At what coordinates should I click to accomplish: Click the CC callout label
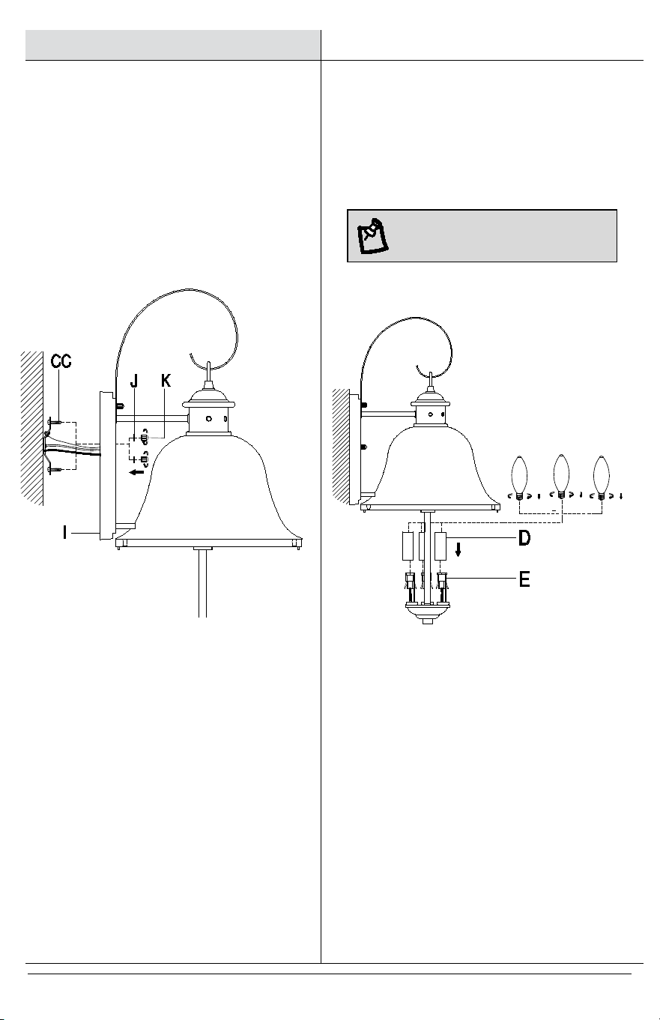(x=61, y=361)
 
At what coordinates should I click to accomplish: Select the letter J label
(x=133, y=381)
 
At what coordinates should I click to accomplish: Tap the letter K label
(x=166, y=381)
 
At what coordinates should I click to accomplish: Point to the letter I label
(x=65, y=532)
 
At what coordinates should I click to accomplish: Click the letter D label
(x=524, y=538)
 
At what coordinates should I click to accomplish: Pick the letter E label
(x=524, y=579)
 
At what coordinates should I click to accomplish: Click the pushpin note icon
(x=373, y=236)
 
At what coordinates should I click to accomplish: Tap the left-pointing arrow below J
(x=136, y=472)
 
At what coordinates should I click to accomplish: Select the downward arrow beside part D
(x=458, y=551)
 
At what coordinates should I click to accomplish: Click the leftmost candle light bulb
(x=520, y=477)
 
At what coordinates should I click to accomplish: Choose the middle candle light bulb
(x=561, y=477)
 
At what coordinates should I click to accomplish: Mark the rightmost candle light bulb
(x=602, y=477)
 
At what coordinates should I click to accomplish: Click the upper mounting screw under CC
(x=54, y=423)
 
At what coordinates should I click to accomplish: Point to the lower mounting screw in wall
(x=54, y=469)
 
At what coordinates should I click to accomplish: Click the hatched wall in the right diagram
(x=341, y=446)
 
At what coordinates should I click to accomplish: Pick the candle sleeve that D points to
(x=440, y=546)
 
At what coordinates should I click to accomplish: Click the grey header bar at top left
(x=172, y=45)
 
